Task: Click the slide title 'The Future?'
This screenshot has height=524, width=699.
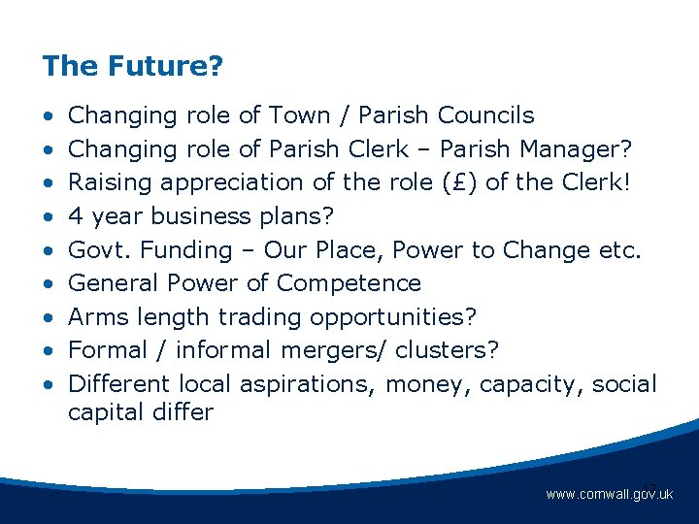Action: [x=133, y=67]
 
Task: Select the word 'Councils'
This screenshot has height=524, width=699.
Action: [x=485, y=115]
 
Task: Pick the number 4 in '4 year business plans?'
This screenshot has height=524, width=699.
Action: [x=75, y=216]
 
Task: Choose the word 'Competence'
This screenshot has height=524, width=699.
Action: [x=349, y=283]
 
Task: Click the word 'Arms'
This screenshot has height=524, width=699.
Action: [x=97, y=316]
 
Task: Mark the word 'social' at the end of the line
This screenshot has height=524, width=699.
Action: [x=623, y=383]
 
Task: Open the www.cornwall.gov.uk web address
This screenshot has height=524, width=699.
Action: [x=609, y=495]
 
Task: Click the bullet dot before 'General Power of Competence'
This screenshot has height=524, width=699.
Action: [x=49, y=283]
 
